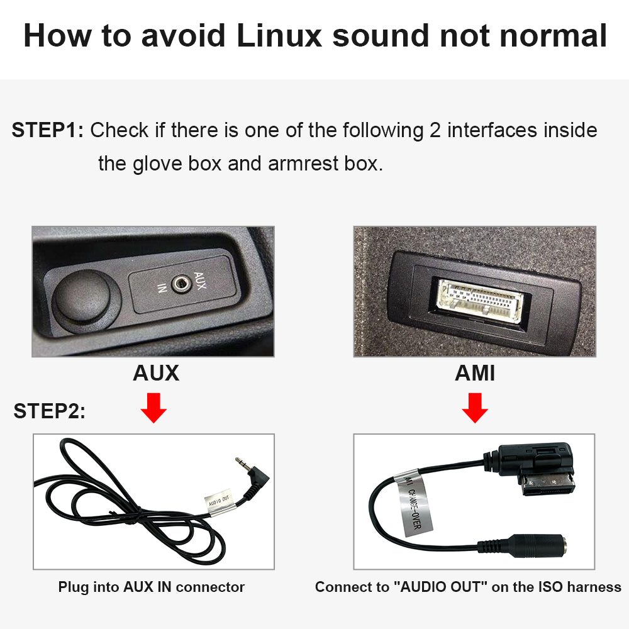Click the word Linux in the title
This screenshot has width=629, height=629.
tap(279, 36)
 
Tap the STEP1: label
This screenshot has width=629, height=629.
tap(48, 130)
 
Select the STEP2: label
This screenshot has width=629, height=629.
tap(49, 411)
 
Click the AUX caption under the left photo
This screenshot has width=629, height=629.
tap(156, 373)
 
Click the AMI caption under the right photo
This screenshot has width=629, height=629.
tap(474, 373)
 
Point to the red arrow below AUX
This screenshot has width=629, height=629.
tap(153, 408)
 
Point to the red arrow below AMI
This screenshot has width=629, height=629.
tap(475, 408)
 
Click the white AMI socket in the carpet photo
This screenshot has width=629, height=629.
tap(480, 301)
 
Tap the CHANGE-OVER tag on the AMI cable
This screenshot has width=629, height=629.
tap(414, 503)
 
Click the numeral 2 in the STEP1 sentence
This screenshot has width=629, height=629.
tap(435, 130)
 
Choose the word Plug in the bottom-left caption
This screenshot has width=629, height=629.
tap(74, 587)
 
